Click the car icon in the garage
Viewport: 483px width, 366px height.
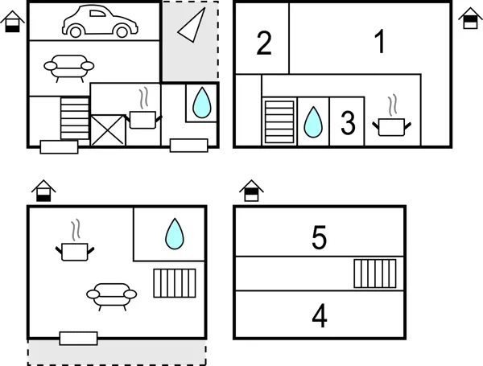pos(100,21)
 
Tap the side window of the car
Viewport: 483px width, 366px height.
pos(97,13)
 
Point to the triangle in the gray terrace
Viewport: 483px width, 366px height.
pos(192,25)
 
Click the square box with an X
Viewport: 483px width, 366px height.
pos(108,130)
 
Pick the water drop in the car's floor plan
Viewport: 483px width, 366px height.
pos(202,102)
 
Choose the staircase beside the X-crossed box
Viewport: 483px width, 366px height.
pos(75,118)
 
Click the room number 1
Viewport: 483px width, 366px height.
pos(380,42)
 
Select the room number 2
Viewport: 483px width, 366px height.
pos(264,43)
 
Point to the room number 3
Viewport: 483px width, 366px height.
pos(348,123)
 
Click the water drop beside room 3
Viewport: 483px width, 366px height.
pos(313,122)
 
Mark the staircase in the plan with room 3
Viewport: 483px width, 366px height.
pos(279,121)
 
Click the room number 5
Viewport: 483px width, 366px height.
pos(319,237)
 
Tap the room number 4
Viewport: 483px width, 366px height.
pos(320,316)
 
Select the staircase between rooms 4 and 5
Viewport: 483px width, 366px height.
pos(375,273)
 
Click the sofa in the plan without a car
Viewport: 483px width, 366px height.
pos(112,297)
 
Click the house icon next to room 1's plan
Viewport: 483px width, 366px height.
pos(470,19)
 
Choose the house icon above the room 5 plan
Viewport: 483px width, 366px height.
pos(251,191)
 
